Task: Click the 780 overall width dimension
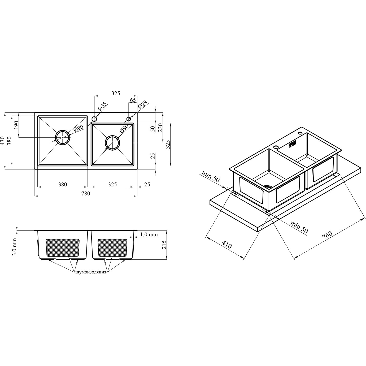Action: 85,193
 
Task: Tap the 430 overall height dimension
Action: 2,141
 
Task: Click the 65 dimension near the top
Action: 133,100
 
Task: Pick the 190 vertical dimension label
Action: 16,125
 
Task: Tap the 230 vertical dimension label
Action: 160,128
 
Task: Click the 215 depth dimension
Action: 164,245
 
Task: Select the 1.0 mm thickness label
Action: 149,234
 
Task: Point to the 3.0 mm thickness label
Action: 15,247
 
